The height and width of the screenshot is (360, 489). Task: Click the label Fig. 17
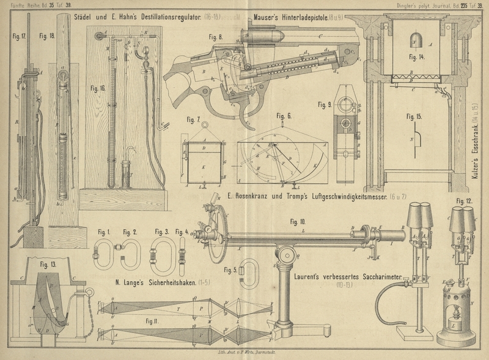(20, 36)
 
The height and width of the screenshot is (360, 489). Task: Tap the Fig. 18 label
(47, 36)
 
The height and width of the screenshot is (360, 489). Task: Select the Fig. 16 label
(98, 88)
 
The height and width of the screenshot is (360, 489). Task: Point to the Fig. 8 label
(216, 37)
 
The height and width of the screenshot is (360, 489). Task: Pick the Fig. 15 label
(416, 116)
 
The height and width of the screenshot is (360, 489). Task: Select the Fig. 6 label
(284, 116)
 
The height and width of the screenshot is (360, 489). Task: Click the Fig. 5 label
(230, 270)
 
